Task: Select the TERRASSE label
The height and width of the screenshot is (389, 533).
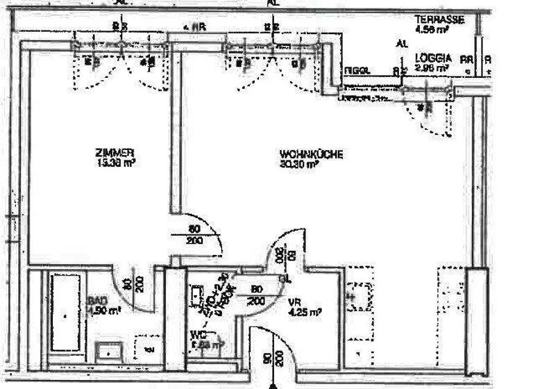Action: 439,19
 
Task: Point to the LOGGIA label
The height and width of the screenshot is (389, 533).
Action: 434,58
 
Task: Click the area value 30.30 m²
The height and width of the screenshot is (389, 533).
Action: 299,165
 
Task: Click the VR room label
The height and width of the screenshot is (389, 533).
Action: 295,301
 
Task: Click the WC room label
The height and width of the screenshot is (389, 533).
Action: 197,334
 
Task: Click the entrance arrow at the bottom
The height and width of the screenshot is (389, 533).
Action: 273,384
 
